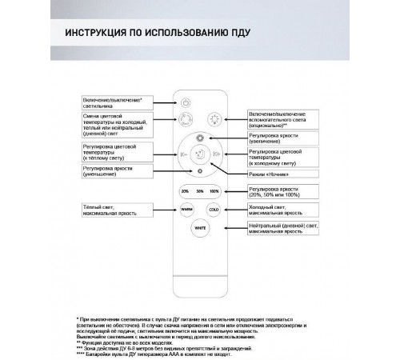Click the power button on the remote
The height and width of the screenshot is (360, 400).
point(186,102)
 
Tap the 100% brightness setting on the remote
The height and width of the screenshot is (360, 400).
point(213,191)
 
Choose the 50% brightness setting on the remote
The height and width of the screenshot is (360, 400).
point(198,191)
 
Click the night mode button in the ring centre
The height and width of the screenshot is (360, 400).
point(199,154)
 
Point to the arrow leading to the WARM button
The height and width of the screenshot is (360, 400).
point(162,210)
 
